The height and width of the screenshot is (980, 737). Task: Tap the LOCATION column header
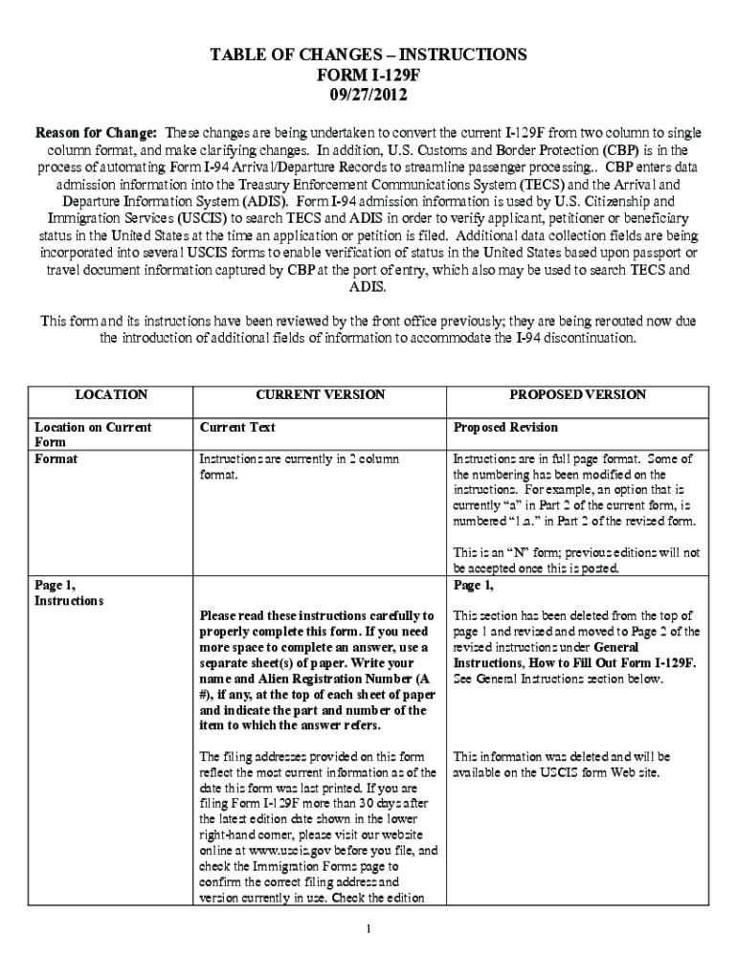(111, 394)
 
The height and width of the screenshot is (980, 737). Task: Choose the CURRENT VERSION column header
(320, 394)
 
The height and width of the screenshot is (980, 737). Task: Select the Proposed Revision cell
(505, 427)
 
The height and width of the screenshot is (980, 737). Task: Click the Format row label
(56, 459)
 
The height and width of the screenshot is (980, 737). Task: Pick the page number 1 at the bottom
(368, 929)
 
